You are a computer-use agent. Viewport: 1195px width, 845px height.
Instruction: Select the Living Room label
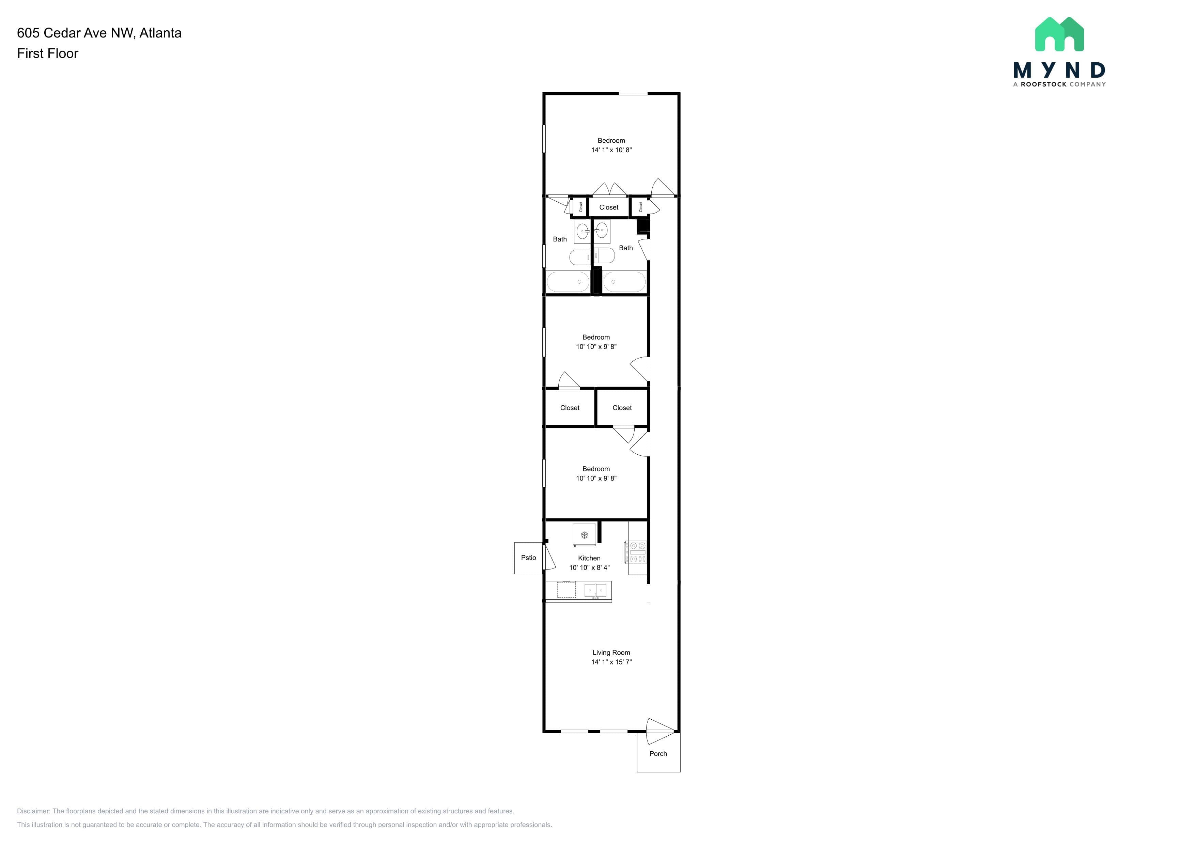(611, 653)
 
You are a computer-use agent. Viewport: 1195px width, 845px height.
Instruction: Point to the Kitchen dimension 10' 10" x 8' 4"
(589, 568)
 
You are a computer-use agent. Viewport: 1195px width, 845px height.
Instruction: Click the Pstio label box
(528, 558)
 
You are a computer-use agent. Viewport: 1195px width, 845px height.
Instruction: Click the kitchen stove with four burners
(636, 552)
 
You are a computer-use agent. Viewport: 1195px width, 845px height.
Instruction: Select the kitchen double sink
(595, 591)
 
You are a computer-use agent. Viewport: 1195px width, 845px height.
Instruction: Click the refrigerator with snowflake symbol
(584, 535)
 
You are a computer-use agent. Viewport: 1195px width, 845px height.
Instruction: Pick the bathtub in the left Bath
(568, 281)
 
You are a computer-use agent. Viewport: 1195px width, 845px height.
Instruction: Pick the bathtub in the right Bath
(624, 281)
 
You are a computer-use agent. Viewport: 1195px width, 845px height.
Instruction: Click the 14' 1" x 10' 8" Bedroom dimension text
(611, 150)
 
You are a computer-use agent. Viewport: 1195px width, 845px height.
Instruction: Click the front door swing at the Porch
(660, 731)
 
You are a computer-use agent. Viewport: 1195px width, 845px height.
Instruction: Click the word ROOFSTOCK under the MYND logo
(1043, 84)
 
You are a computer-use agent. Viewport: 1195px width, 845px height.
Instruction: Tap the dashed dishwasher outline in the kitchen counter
(566, 590)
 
